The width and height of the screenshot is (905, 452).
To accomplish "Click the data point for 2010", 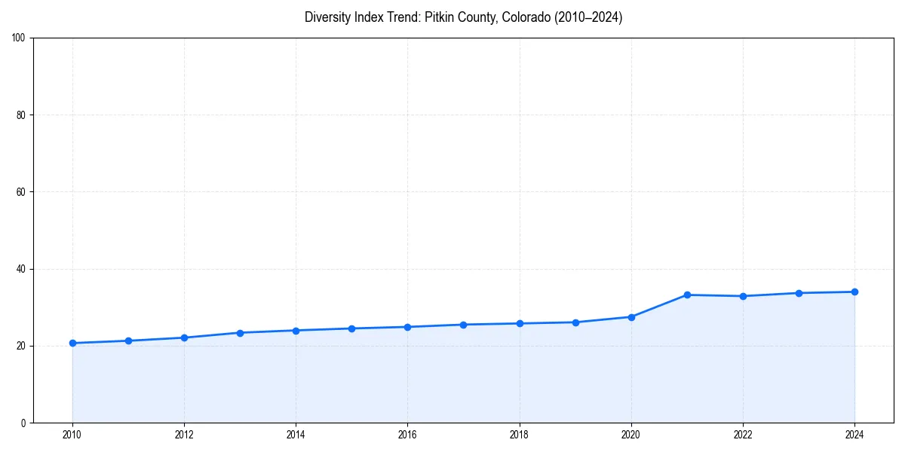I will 72,343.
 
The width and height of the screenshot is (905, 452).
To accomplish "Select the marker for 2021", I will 687,295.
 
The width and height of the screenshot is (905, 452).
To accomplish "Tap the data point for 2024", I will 854,292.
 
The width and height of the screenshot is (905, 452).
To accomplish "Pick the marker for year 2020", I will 631,316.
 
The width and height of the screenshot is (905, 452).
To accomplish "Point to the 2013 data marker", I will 240,332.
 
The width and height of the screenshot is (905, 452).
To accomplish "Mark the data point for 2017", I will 463,325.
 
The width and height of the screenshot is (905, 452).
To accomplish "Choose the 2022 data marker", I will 743,296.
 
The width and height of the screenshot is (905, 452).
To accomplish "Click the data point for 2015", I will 351,328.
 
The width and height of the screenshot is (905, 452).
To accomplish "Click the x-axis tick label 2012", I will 184,435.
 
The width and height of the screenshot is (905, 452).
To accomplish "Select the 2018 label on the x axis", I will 519,435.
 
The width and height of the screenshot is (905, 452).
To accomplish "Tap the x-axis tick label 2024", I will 854,435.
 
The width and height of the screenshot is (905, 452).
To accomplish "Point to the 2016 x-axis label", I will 407,435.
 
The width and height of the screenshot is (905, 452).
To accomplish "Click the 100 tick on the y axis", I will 19,38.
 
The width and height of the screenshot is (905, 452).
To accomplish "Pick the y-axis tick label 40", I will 21,269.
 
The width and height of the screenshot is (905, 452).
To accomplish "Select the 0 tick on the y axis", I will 23,423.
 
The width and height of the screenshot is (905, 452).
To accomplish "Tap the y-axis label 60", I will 21,192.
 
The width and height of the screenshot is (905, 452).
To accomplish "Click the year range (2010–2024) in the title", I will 588,17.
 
